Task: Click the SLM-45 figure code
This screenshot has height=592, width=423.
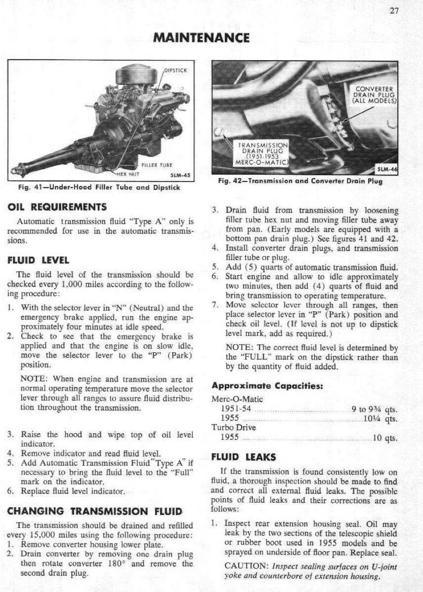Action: click(180, 174)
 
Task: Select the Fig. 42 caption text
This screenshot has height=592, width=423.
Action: click(300, 181)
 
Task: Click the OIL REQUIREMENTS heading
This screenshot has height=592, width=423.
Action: click(62, 207)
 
